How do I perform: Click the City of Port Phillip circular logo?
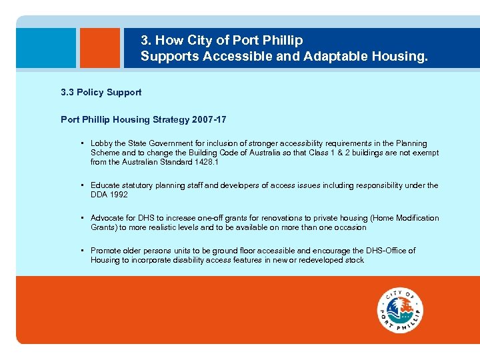[x=400, y=311]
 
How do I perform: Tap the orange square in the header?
[x=99, y=48]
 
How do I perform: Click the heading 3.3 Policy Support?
[x=101, y=92]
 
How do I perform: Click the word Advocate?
[x=108, y=218]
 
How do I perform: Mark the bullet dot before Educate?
[x=81, y=185]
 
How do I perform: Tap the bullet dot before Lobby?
[x=81, y=143]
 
